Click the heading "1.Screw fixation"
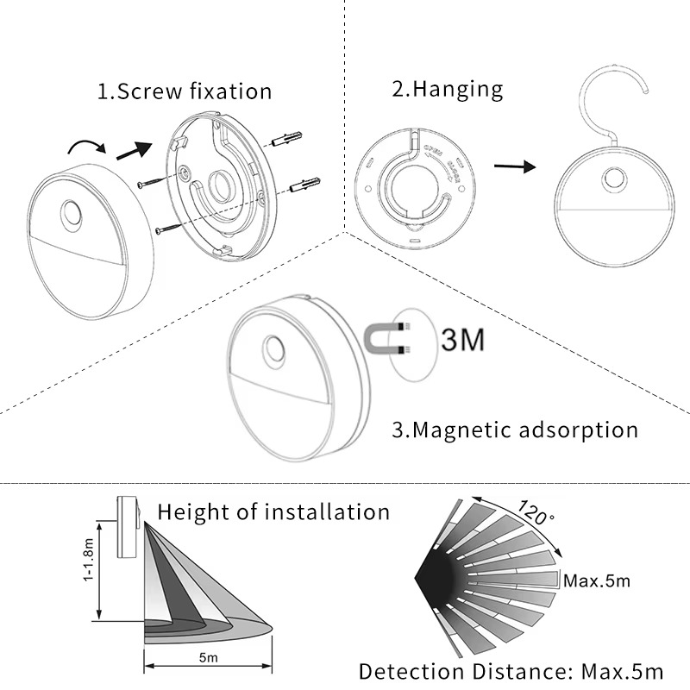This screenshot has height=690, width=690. (184, 91)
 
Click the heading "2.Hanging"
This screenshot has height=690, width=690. (448, 89)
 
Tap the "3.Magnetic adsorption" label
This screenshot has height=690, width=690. (515, 429)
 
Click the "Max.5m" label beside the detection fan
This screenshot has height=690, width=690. (596, 580)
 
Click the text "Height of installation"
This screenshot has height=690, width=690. (273, 511)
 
